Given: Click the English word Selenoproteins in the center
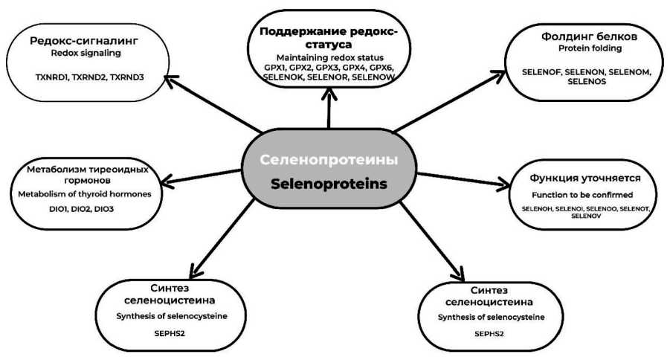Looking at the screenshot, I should tap(328, 184).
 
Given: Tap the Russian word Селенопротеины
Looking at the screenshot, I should tap(328, 160).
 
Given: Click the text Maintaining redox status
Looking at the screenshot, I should tap(328, 57).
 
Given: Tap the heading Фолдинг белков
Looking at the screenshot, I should tap(573, 35).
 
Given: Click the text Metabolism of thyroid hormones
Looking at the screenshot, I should tap(84, 194).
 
